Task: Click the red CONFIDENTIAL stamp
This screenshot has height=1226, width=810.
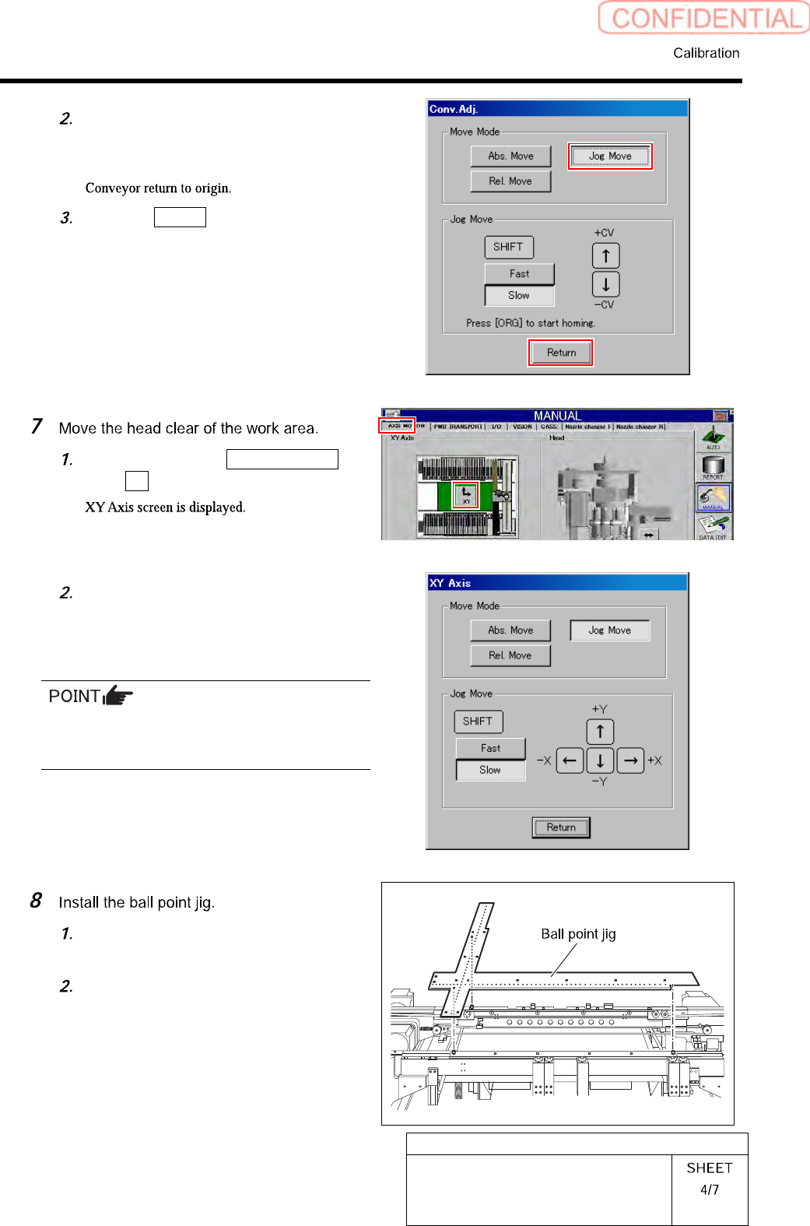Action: pos(704,18)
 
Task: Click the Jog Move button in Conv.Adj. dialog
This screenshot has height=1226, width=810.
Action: pos(610,156)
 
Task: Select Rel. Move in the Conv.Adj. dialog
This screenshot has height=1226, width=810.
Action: pos(510,181)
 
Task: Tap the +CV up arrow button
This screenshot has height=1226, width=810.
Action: pos(605,256)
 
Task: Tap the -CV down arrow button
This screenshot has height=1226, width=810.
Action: pos(605,284)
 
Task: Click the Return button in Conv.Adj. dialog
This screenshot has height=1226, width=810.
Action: pos(561,353)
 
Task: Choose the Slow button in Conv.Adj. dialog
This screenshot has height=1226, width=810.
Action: pos(519,296)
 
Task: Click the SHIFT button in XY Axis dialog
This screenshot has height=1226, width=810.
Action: pos(478,722)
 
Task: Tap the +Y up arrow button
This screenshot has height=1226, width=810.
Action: pos(600,732)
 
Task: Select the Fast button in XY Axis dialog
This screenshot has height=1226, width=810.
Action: pos(490,748)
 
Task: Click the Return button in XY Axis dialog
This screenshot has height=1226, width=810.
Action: pos(561,827)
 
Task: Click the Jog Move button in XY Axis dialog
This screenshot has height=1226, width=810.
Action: pos(609,631)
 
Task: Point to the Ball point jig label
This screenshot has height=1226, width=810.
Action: pos(578,934)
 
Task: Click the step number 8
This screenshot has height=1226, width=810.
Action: pos(36,901)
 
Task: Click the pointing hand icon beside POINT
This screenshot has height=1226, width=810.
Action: pos(117,694)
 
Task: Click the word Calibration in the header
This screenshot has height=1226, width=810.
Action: pos(706,53)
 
